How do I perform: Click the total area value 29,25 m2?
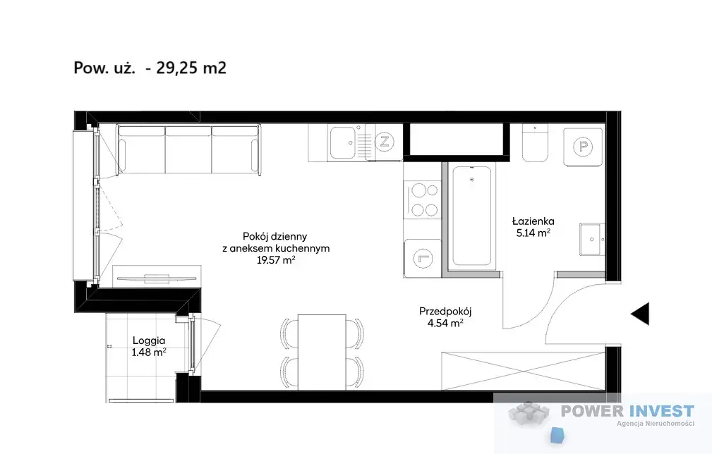[x=191, y=68]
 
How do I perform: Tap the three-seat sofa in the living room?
[x=188, y=149]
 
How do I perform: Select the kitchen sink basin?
[x=343, y=142]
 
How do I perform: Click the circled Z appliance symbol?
[x=385, y=142]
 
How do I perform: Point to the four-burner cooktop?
[x=425, y=200]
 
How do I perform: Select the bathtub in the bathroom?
[x=472, y=216]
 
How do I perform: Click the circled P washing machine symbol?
[x=584, y=147]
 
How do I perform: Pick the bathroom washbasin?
[x=592, y=239]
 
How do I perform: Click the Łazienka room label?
[x=533, y=221]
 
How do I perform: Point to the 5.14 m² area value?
[x=533, y=233]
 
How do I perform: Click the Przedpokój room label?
[x=445, y=312]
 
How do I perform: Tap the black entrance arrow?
[x=640, y=314]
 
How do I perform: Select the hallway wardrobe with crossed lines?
[x=523, y=371]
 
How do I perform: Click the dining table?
[x=322, y=352]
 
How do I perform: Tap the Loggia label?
[x=149, y=340]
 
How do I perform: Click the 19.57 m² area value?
[x=276, y=260]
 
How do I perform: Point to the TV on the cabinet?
[x=157, y=278]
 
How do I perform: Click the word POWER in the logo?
[x=592, y=412]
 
